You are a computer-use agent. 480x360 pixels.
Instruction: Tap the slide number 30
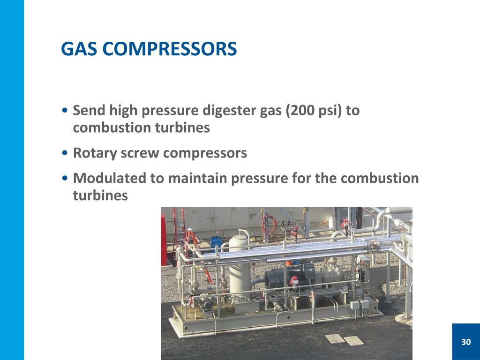[x=465, y=342]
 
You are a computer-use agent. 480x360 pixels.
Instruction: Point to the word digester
[x=226, y=111]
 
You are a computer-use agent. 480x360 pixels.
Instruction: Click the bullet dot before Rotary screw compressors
[x=66, y=153]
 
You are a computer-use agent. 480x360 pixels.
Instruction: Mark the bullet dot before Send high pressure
[x=66, y=111]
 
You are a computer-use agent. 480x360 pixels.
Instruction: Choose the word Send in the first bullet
[x=90, y=111]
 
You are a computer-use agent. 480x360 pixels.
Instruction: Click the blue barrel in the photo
[x=216, y=242]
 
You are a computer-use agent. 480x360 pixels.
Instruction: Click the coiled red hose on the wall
[x=269, y=224]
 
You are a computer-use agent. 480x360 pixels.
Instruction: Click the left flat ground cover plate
[x=335, y=338]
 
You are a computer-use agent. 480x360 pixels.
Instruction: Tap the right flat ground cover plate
[x=353, y=340]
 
